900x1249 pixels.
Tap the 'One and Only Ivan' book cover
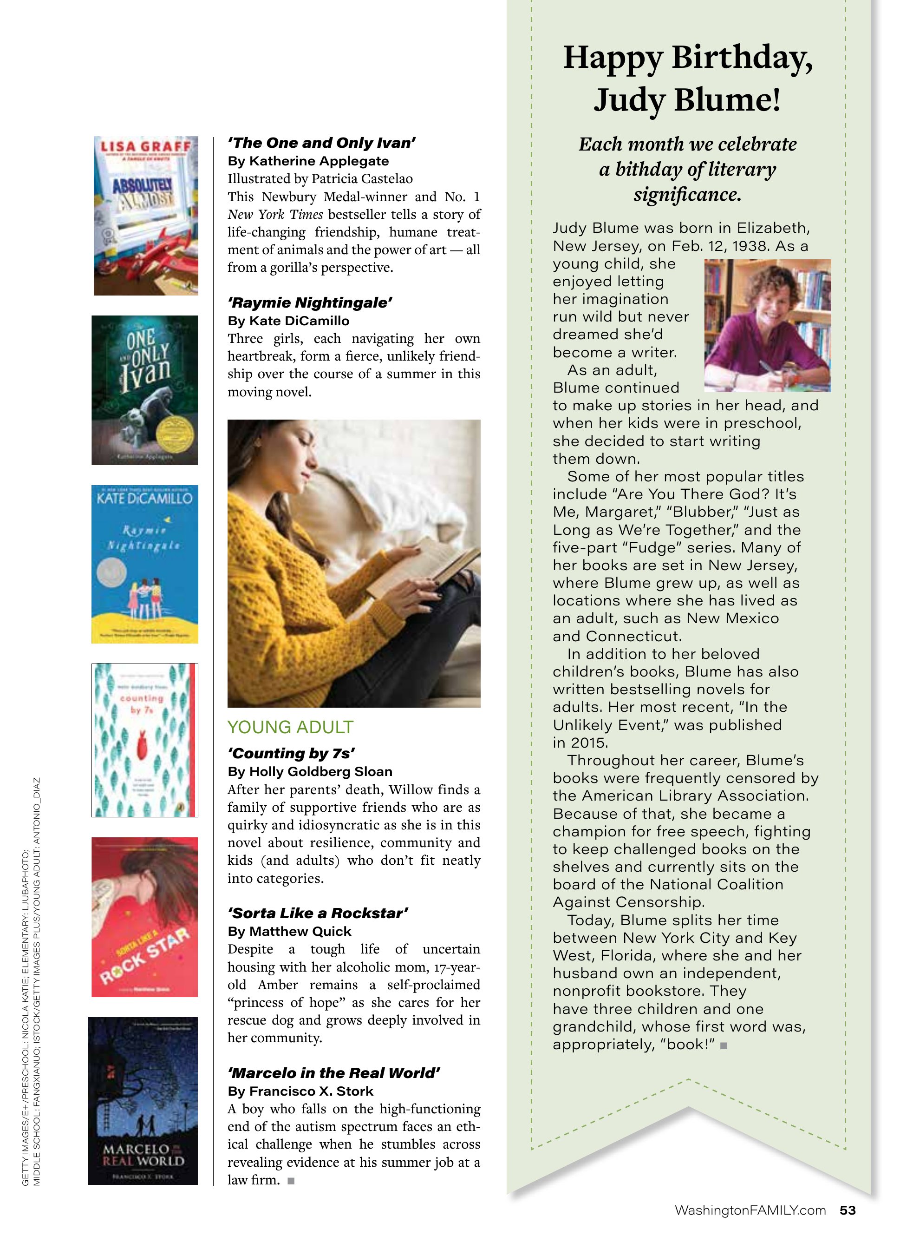point(145,390)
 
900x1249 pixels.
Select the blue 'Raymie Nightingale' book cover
point(145,564)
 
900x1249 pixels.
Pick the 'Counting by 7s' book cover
point(145,740)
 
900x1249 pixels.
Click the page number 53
point(848,1210)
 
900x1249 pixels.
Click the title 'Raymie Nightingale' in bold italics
point(310,303)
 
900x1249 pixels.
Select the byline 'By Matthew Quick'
point(289,931)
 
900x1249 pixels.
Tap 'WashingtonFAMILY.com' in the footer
point(750,1210)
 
